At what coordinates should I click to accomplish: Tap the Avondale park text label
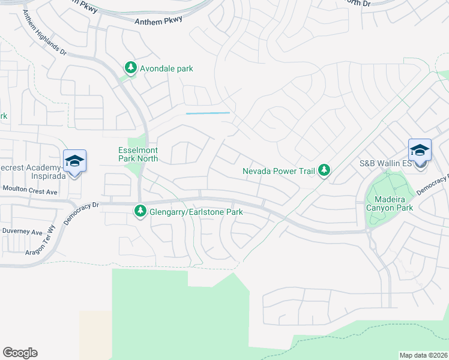pyautogui.click(x=166, y=68)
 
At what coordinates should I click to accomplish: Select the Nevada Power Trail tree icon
pyautogui.click(x=324, y=171)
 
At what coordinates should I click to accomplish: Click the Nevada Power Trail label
pyautogui.click(x=279, y=171)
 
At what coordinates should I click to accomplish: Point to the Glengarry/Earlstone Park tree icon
pyautogui.click(x=140, y=211)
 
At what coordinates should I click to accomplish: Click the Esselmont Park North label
pyautogui.click(x=137, y=155)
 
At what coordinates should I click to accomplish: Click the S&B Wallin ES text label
pyautogui.click(x=384, y=163)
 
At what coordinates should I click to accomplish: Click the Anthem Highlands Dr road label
pyautogui.click(x=43, y=34)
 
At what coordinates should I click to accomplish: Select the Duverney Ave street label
pyautogui.click(x=22, y=232)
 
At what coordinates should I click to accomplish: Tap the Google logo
pyautogui.click(x=20, y=353)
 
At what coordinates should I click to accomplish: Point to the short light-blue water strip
pyautogui.click(x=208, y=113)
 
